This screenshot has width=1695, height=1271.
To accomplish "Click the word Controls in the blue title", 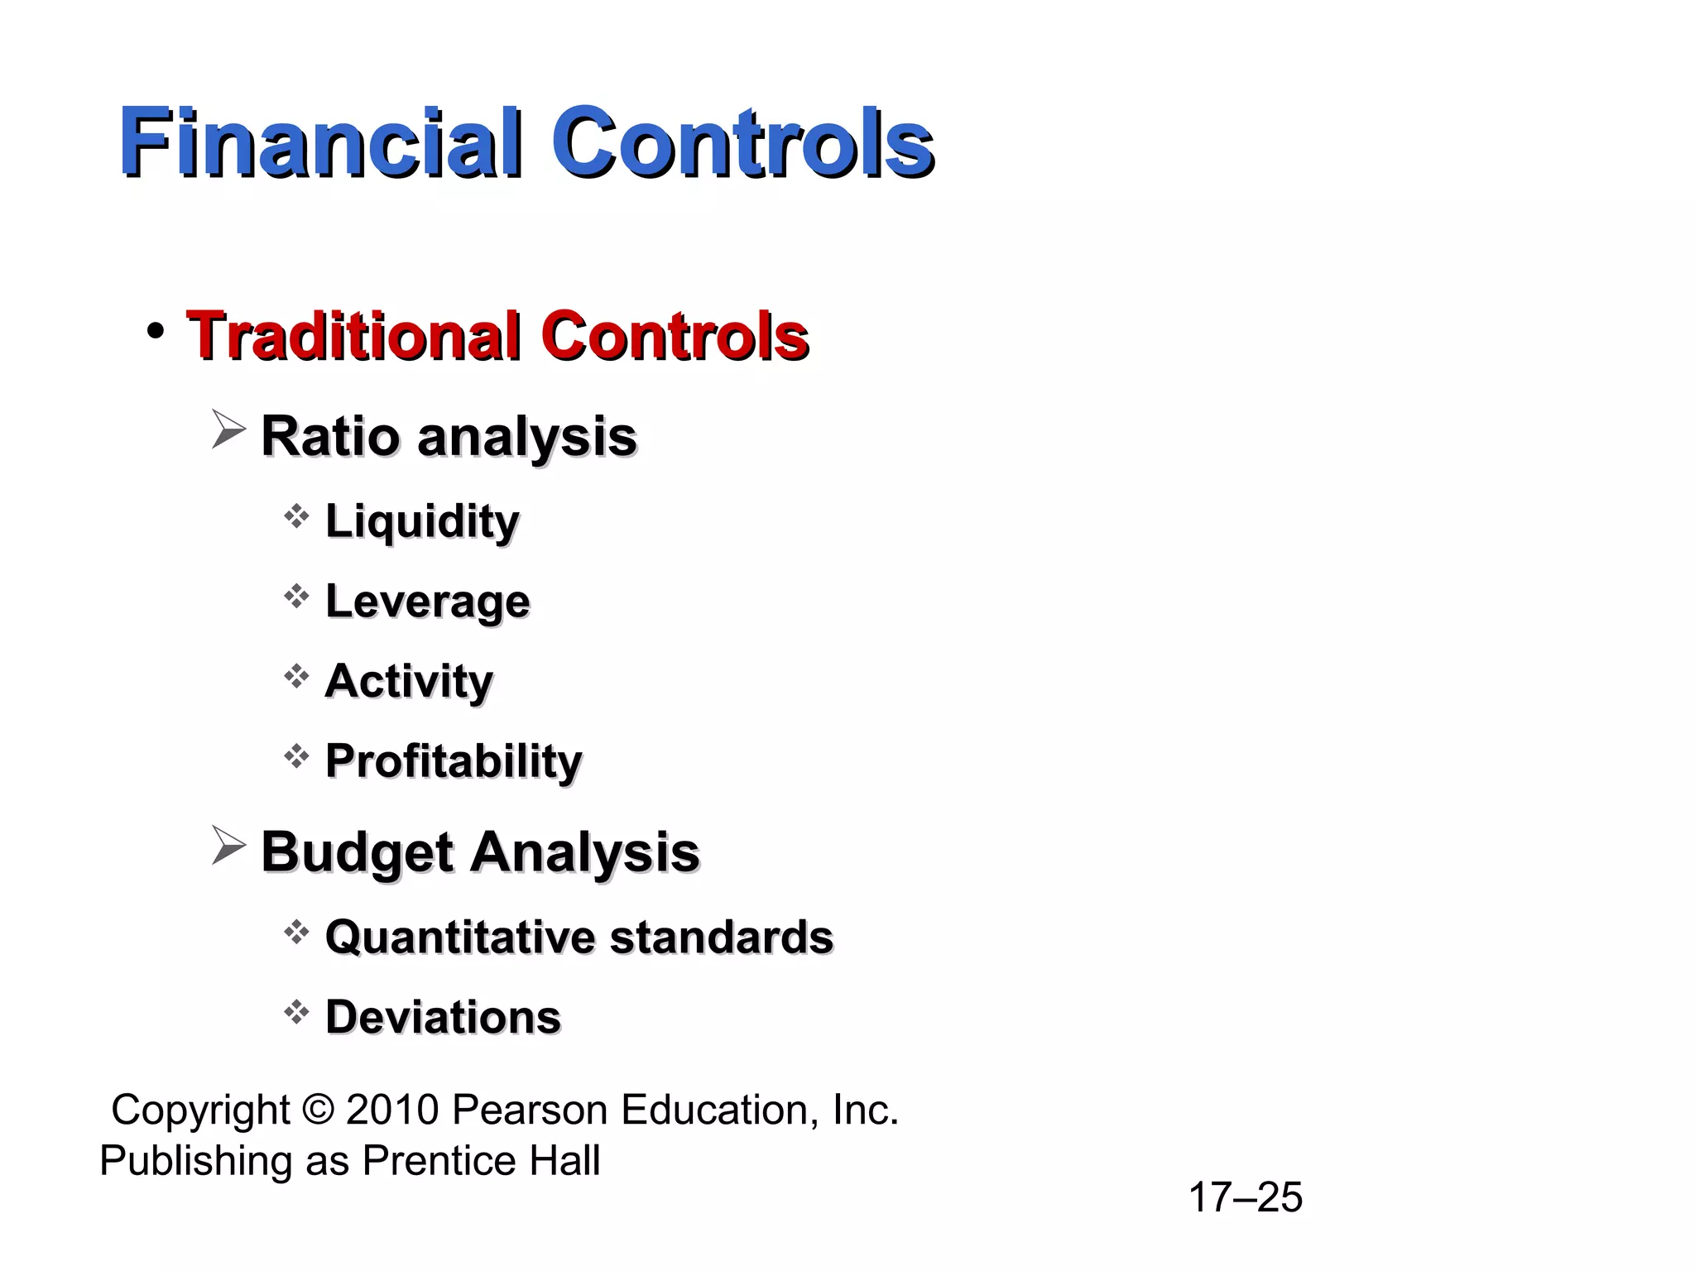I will click(742, 142).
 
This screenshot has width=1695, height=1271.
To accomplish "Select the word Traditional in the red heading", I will click(353, 336).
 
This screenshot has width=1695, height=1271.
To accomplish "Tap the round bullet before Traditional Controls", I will click(155, 332).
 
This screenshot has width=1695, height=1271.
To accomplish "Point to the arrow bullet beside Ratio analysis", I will click(228, 429).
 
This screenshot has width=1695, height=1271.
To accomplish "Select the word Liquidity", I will click(422, 521).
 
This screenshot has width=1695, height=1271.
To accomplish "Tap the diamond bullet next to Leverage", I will click(296, 597).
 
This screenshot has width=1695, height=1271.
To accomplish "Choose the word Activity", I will click(409, 681).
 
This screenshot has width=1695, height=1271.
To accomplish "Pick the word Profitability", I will click(454, 761).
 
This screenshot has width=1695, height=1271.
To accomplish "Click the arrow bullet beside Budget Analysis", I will click(228, 846).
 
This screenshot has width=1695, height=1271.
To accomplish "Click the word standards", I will click(722, 938).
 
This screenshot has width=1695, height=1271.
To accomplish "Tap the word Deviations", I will click(443, 1017).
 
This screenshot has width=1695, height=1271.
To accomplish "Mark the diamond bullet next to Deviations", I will click(296, 1012).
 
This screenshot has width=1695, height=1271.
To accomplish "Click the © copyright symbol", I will click(318, 1110).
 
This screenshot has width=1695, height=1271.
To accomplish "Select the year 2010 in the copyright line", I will click(391, 1110).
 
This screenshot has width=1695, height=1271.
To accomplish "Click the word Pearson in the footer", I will click(530, 1110).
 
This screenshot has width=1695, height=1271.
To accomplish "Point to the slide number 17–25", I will click(1245, 1197).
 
